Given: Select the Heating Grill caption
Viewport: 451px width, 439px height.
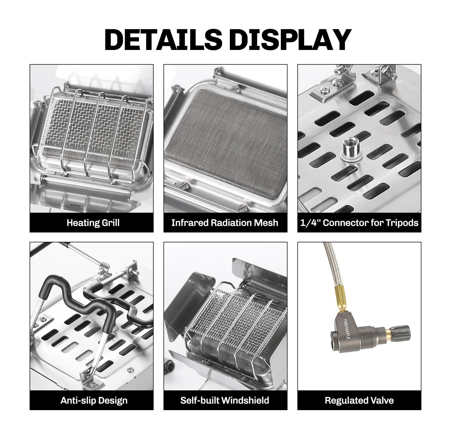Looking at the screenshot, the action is pos(93,223).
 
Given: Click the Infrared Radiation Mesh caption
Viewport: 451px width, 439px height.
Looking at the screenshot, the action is pos(225,223).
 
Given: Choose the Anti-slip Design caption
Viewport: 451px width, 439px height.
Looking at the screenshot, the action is pos(94,400).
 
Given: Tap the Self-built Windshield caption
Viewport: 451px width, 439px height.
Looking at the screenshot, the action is pos(225,400).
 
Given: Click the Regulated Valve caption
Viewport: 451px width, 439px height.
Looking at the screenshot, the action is pos(359,400).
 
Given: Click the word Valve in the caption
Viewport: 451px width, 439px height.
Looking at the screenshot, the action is pos(382,400).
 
